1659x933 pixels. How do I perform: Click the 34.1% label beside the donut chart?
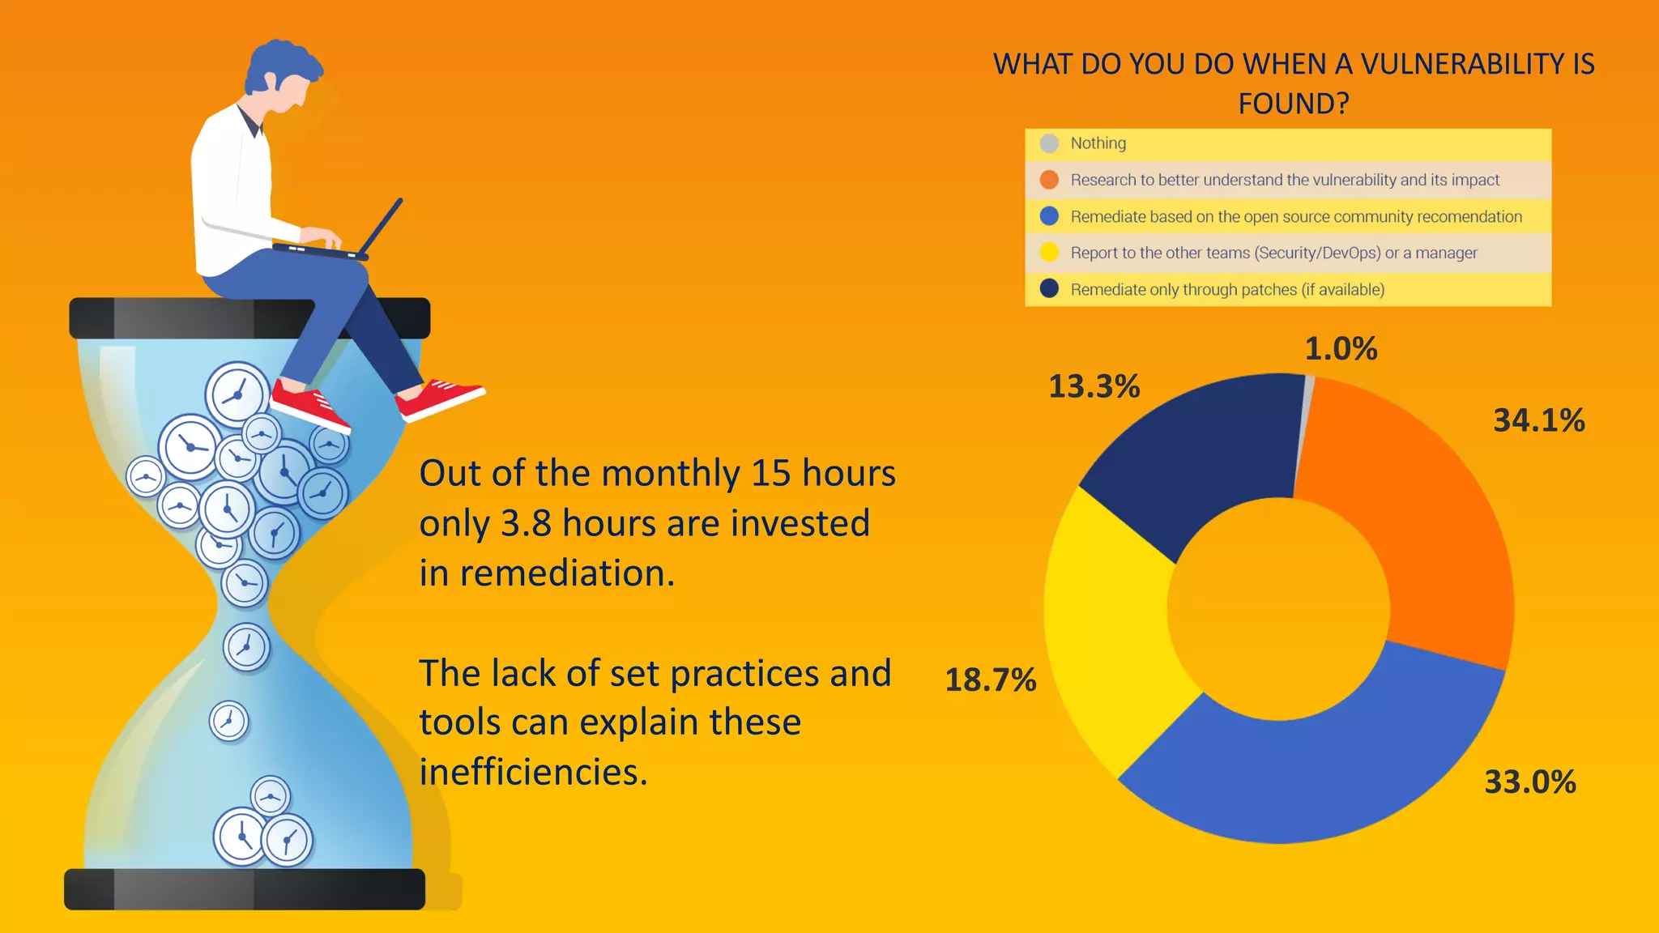click(x=1538, y=420)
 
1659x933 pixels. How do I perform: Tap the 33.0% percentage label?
click(x=1529, y=782)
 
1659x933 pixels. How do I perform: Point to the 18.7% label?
click(x=990, y=680)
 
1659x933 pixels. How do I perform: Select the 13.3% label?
click(x=1094, y=386)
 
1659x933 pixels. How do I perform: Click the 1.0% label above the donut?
click(x=1341, y=349)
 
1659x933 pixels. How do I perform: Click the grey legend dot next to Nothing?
click(x=1049, y=143)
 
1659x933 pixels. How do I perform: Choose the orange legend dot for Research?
click(x=1049, y=180)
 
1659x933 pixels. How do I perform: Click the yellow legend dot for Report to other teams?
click(x=1049, y=253)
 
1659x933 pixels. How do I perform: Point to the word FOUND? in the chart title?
click(x=1293, y=104)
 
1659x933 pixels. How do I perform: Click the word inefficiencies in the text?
click(x=533, y=773)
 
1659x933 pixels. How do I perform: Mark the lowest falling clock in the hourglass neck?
click(x=228, y=721)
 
